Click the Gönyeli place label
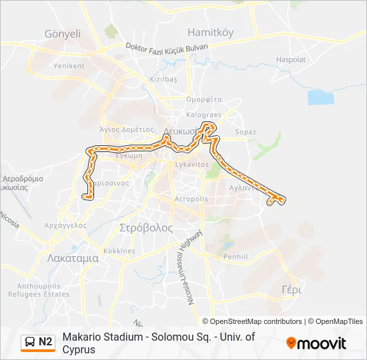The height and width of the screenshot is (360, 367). pos(62,34)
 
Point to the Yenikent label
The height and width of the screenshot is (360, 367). pos(69,66)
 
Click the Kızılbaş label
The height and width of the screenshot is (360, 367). pos(163,79)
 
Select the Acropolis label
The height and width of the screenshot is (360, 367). pos(191,199)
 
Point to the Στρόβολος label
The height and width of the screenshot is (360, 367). pos(145,227)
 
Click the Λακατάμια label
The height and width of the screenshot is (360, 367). pos(73,258)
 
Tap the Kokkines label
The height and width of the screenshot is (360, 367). pos(119,251)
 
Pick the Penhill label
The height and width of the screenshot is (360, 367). pos(236,256)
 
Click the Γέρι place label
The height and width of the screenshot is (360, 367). pos(292,290)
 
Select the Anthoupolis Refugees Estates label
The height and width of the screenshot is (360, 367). pos(39,290)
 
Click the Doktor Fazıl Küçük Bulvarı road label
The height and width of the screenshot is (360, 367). pos(167,47)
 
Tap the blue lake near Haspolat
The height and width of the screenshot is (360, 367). pos(320,97)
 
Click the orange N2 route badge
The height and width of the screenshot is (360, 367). pos(38,342)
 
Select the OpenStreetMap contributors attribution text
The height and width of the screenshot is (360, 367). pos(247,321)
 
